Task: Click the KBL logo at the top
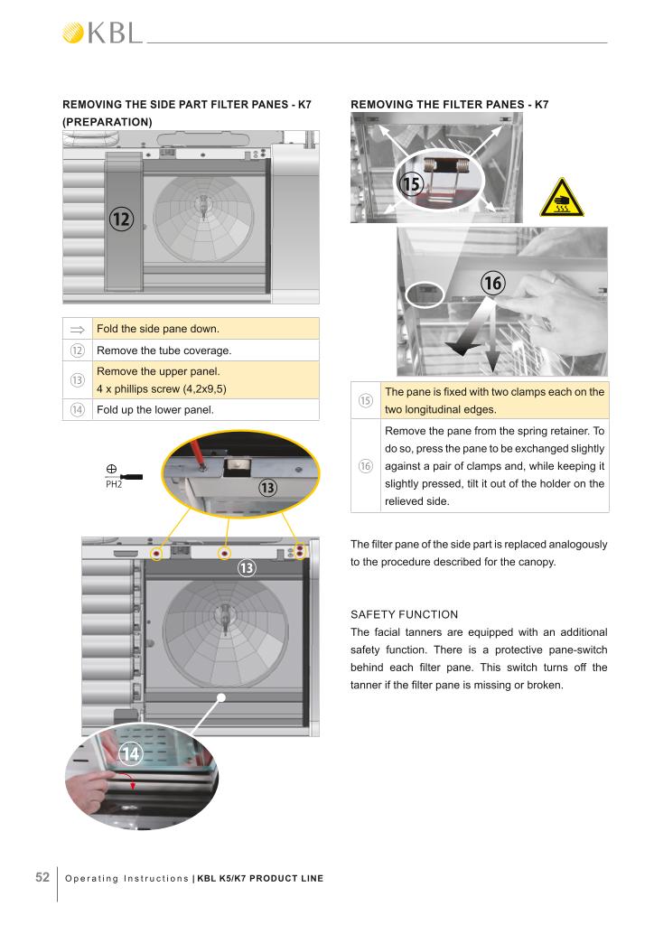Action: (x=102, y=33)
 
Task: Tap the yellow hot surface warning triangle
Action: (x=562, y=198)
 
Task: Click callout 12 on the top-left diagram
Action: (x=122, y=218)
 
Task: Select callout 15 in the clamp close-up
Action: (x=411, y=184)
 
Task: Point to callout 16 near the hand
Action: (x=491, y=283)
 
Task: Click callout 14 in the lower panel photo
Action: (x=130, y=753)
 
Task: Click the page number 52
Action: (x=42, y=878)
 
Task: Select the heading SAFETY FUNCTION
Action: (x=404, y=614)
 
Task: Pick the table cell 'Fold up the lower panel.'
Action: (x=154, y=410)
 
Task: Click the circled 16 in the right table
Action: (x=365, y=466)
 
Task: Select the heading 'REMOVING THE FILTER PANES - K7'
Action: (x=449, y=105)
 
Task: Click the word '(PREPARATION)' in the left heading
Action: (x=107, y=121)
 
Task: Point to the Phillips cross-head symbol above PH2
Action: (x=110, y=469)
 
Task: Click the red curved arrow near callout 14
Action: (x=134, y=782)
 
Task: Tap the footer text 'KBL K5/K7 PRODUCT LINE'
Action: (x=260, y=879)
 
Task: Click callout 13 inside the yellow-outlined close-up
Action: (x=267, y=489)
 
